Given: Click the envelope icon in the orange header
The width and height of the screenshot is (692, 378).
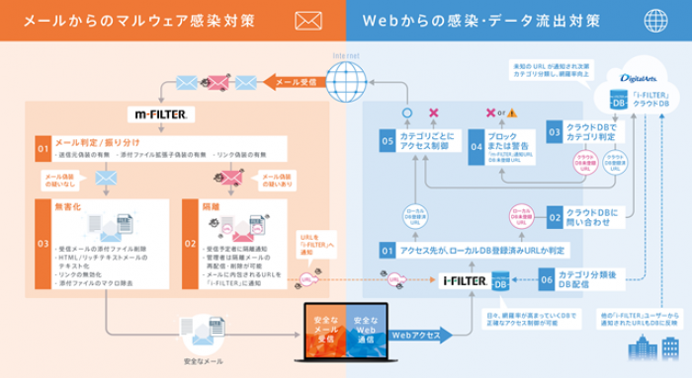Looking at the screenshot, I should [x=309, y=20].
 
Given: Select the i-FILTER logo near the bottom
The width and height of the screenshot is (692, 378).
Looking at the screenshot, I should [x=463, y=281].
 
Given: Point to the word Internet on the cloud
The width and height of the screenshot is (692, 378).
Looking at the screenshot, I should [x=347, y=57].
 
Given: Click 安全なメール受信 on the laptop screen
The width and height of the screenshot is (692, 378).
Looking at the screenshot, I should [x=322, y=329].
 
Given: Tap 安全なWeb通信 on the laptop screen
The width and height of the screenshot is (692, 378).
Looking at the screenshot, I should [x=366, y=329].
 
